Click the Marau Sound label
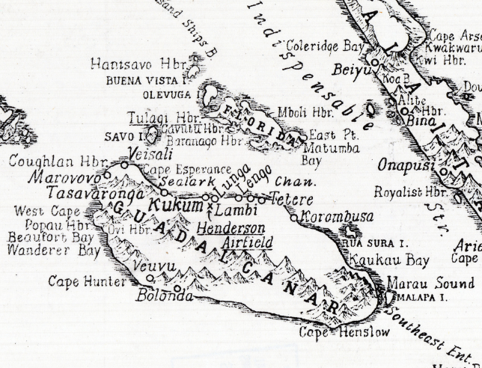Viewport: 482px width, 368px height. pos(430,283)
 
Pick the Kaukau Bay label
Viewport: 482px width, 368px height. pos(395,261)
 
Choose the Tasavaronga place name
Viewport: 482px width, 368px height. pos(85,194)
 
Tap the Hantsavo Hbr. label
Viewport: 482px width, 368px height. pos(138,64)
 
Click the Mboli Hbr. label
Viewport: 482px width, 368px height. pos(305,113)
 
